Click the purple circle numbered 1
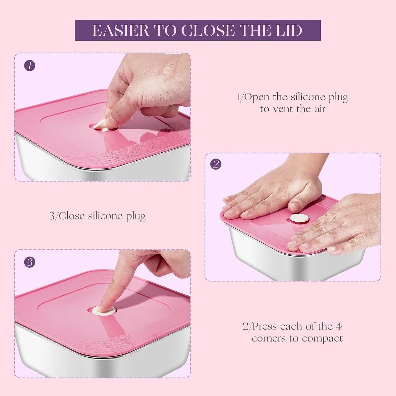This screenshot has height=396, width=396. coord(30,66)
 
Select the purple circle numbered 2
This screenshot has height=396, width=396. coord(216,164)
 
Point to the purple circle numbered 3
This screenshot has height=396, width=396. coord(30,263)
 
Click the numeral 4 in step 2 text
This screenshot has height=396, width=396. coord(339,326)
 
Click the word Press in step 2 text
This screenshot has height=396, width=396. coord(265,326)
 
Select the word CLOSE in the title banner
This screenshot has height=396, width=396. coord(207,30)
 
